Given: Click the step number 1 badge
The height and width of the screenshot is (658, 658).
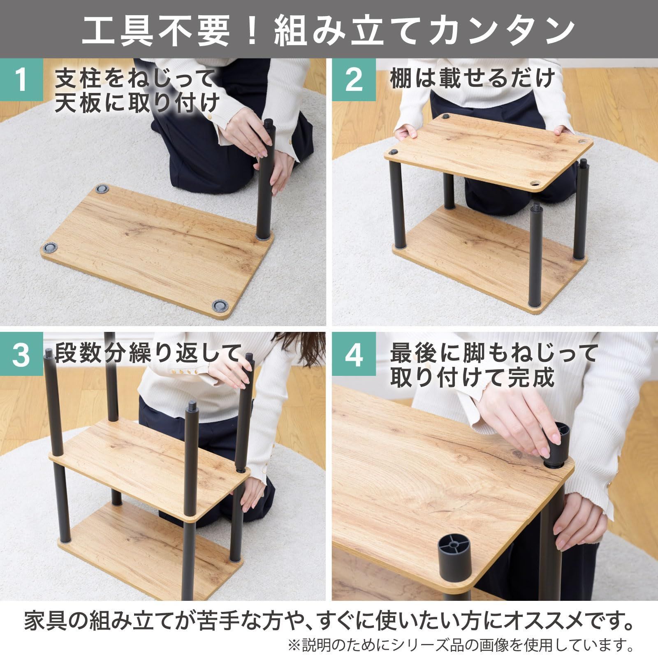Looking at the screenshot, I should tap(21, 80).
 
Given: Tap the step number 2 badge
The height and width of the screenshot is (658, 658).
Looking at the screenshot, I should tap(353, 80).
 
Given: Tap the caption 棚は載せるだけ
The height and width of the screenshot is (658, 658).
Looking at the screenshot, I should tap(473, 78).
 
